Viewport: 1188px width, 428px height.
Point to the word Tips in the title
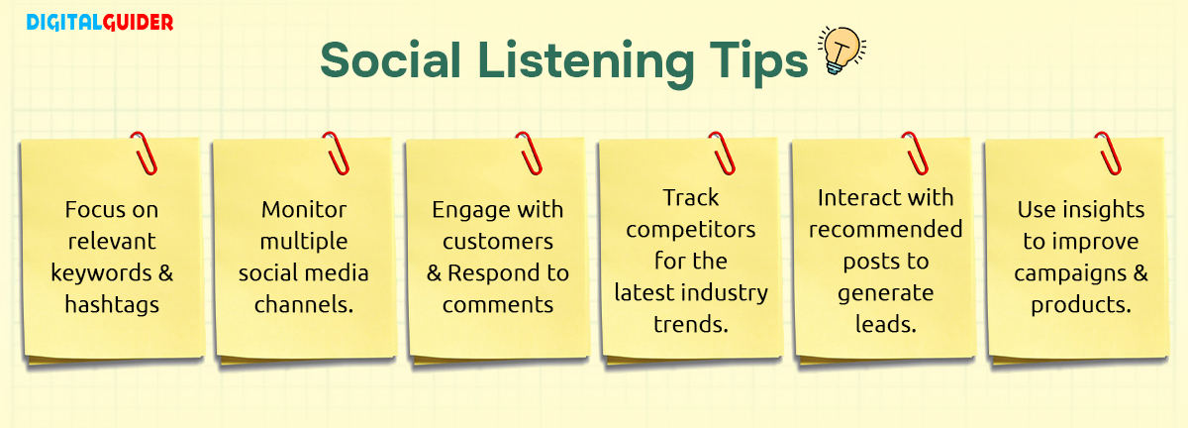(761, 61)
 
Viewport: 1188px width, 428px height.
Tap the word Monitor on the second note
(304, 210)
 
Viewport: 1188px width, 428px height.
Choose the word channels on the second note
(303, 305)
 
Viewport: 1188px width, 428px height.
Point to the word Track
(690, 198)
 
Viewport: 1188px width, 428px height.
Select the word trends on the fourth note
(690, 324)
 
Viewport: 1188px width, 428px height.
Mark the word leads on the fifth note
(885, 323)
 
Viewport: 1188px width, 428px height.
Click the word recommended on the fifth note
(885, 230)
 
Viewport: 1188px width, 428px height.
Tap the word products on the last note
(1080, 305)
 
